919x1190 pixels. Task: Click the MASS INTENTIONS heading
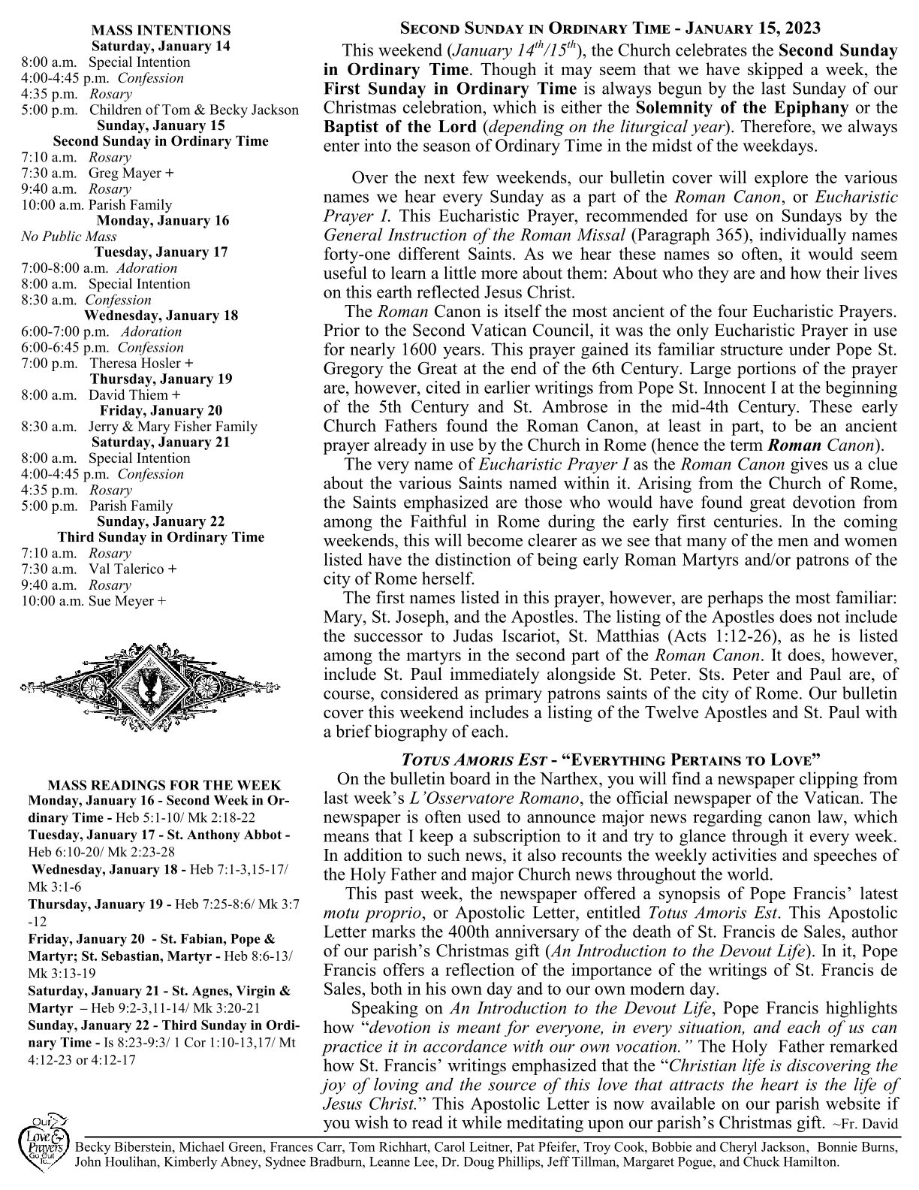[x=161, y=30]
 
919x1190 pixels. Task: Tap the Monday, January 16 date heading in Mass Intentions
[x=162, y=221]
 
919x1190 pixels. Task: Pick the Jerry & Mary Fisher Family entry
[x=173, y=427]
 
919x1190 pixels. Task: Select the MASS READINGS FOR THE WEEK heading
[x=164, y=786]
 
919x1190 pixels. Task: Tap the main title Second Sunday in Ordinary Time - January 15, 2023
[x=610, y=29]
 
